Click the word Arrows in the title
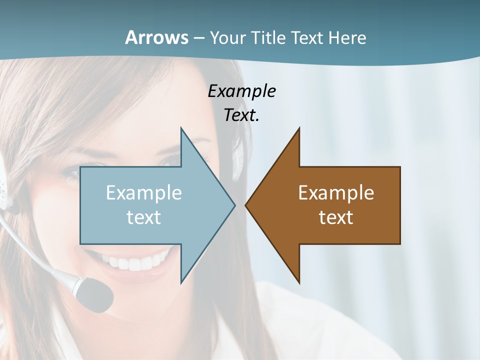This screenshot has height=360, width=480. click(x=156, y=37)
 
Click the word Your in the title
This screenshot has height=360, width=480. click(x=228, y=37)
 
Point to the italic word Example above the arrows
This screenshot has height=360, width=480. click(x=241, y=91)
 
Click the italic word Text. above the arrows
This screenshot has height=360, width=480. click(x=241, y=115)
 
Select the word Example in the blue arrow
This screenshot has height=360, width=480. click(x=144, y=192)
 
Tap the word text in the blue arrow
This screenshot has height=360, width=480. click(x=144, y=217)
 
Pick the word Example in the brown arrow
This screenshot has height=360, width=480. click(x=336, y=192)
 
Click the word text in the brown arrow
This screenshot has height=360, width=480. click(x=336, y=217)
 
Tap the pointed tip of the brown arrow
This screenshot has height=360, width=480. click(x=246, y=205)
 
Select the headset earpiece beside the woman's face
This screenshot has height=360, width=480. click(x=4, y=187)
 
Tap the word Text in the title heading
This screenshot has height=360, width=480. click(x=307, y=37)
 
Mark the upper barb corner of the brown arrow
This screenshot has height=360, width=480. click(x=299, y=128)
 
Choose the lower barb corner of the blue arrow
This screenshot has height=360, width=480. click(x=181, y=282)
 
